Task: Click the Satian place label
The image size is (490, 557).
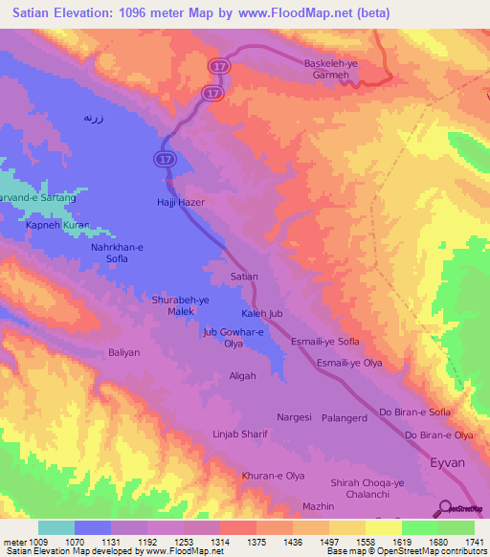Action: [245, 277]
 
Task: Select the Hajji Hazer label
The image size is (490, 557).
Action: [181, 203]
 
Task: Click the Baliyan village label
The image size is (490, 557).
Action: [124, 353]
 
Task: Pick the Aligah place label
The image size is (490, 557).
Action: [243, 376]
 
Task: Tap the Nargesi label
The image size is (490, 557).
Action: [295, 418]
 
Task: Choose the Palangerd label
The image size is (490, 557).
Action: [344, 418]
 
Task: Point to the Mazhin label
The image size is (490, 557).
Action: [318, 505]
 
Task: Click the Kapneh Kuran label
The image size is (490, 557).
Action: [57, 225]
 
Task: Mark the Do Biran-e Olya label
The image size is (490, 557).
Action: [439, 435]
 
